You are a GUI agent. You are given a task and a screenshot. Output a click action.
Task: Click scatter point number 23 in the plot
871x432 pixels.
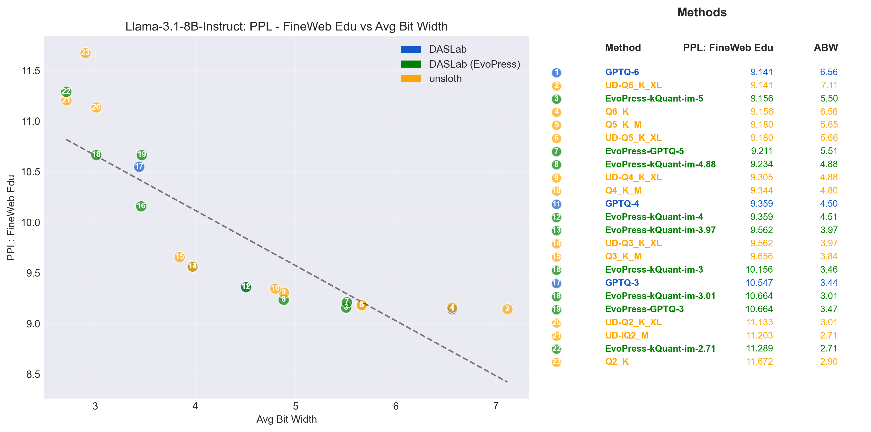[85, 53]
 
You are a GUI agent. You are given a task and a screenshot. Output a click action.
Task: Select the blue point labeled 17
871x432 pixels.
[139, 166]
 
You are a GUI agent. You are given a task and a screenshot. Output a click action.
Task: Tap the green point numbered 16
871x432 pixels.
[141, 206]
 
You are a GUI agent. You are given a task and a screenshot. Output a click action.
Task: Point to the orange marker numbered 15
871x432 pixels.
[180, 257]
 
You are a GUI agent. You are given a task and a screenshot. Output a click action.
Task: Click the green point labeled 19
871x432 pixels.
[142, 154]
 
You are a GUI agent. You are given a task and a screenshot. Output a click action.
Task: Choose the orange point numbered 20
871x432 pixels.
[96, 107]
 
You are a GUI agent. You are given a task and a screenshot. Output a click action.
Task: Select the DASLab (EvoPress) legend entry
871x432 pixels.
[474, 64]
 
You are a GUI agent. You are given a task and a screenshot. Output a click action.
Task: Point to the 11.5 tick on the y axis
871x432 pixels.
[31, 71]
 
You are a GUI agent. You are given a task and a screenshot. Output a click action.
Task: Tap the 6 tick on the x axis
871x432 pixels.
[396, 406]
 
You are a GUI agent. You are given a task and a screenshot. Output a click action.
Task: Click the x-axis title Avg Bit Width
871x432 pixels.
[287, 419]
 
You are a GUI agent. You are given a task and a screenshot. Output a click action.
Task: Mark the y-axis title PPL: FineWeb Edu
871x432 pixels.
[11, 217]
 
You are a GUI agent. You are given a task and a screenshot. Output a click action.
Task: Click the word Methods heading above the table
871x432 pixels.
[702, 12]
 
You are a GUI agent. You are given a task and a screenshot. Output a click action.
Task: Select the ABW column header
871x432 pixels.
[825, 48]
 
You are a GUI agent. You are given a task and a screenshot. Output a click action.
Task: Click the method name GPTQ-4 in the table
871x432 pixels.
[622, 204]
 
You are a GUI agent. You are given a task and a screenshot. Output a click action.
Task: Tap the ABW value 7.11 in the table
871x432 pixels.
[829, 85]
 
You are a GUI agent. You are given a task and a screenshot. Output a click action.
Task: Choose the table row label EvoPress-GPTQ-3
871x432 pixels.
[644, 309]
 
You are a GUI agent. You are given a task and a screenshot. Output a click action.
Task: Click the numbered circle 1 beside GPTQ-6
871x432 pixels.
[556, 72]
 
